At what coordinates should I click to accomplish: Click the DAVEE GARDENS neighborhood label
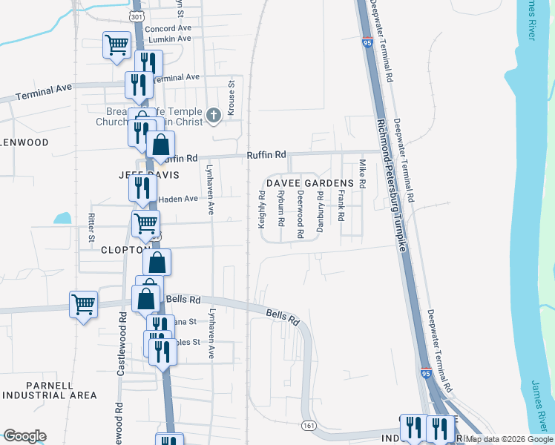point(311,183)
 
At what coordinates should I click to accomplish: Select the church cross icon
point(214,115)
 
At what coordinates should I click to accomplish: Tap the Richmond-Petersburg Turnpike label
point(392,186)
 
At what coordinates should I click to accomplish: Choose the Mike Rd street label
point(363,174)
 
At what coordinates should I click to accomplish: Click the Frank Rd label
point(341,207)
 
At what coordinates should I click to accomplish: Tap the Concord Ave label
point(168,28)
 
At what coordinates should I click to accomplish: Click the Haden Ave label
point(179,199)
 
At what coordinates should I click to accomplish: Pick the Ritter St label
point(91,228)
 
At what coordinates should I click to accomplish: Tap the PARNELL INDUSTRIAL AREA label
point(50,391)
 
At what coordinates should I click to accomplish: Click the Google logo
point(24,436)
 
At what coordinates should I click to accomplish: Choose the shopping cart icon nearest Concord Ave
point(116,45)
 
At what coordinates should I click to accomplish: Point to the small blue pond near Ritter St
point(62,219)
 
